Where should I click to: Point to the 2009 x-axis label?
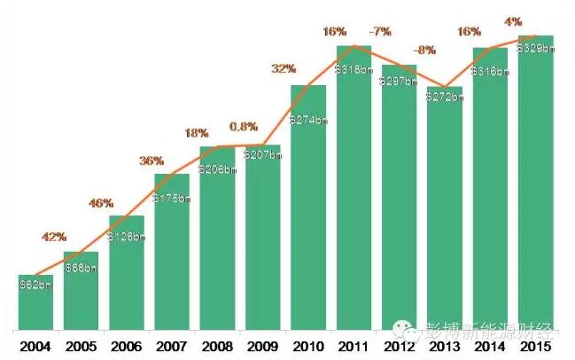263,345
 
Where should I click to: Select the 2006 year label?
127,345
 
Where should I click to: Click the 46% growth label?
101,203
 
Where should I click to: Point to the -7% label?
382,32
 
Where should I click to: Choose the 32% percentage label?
284,68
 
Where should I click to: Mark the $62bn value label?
35,286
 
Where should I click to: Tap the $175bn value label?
172,198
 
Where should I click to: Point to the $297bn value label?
400,81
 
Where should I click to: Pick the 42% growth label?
55,237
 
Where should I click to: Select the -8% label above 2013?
425,51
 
